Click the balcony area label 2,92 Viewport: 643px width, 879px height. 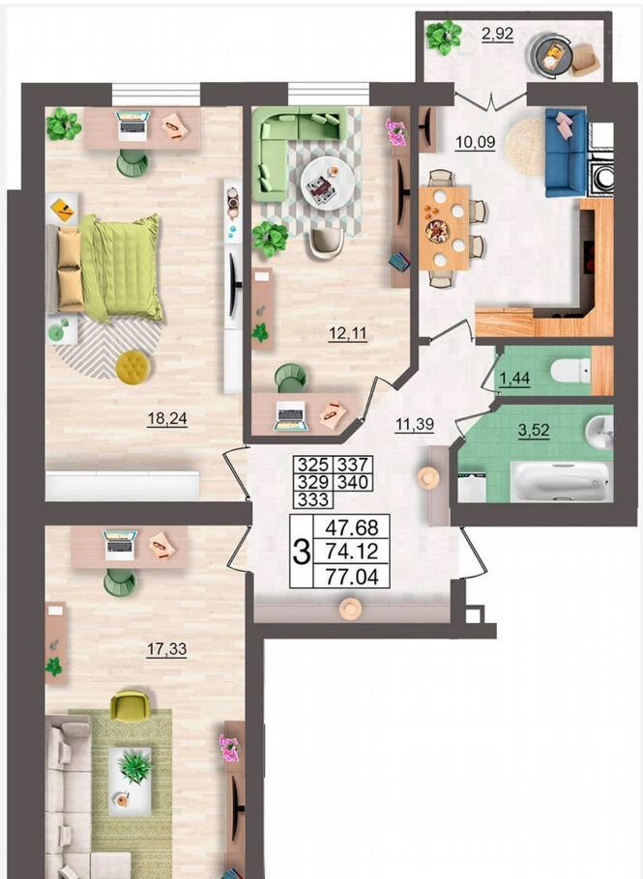tap(497, 34)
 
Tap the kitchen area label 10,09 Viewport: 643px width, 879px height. tap(475, 142)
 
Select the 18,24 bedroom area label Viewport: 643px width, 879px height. tap(166, 419)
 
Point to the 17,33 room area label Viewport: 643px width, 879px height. tap(166, 649)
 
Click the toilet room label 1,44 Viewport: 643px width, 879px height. tap(514, 379)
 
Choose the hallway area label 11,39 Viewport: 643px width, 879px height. tap(415, 424)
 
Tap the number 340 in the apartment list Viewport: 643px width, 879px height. tap(353, 482)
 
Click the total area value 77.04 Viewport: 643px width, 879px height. tap(352, 577)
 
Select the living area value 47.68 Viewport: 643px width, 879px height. tap(352, 527)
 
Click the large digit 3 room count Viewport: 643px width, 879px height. tap(302, 553)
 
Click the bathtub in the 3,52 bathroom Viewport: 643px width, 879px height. tap(562, 482)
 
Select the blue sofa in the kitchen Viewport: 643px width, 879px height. tap(566, 153)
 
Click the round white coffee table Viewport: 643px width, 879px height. tap(328, 184)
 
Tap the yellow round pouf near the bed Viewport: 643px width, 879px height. tap(133, 367)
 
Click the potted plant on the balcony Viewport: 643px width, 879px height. tap(444, 37)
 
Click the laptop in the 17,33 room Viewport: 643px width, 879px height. tap(121, 545)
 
